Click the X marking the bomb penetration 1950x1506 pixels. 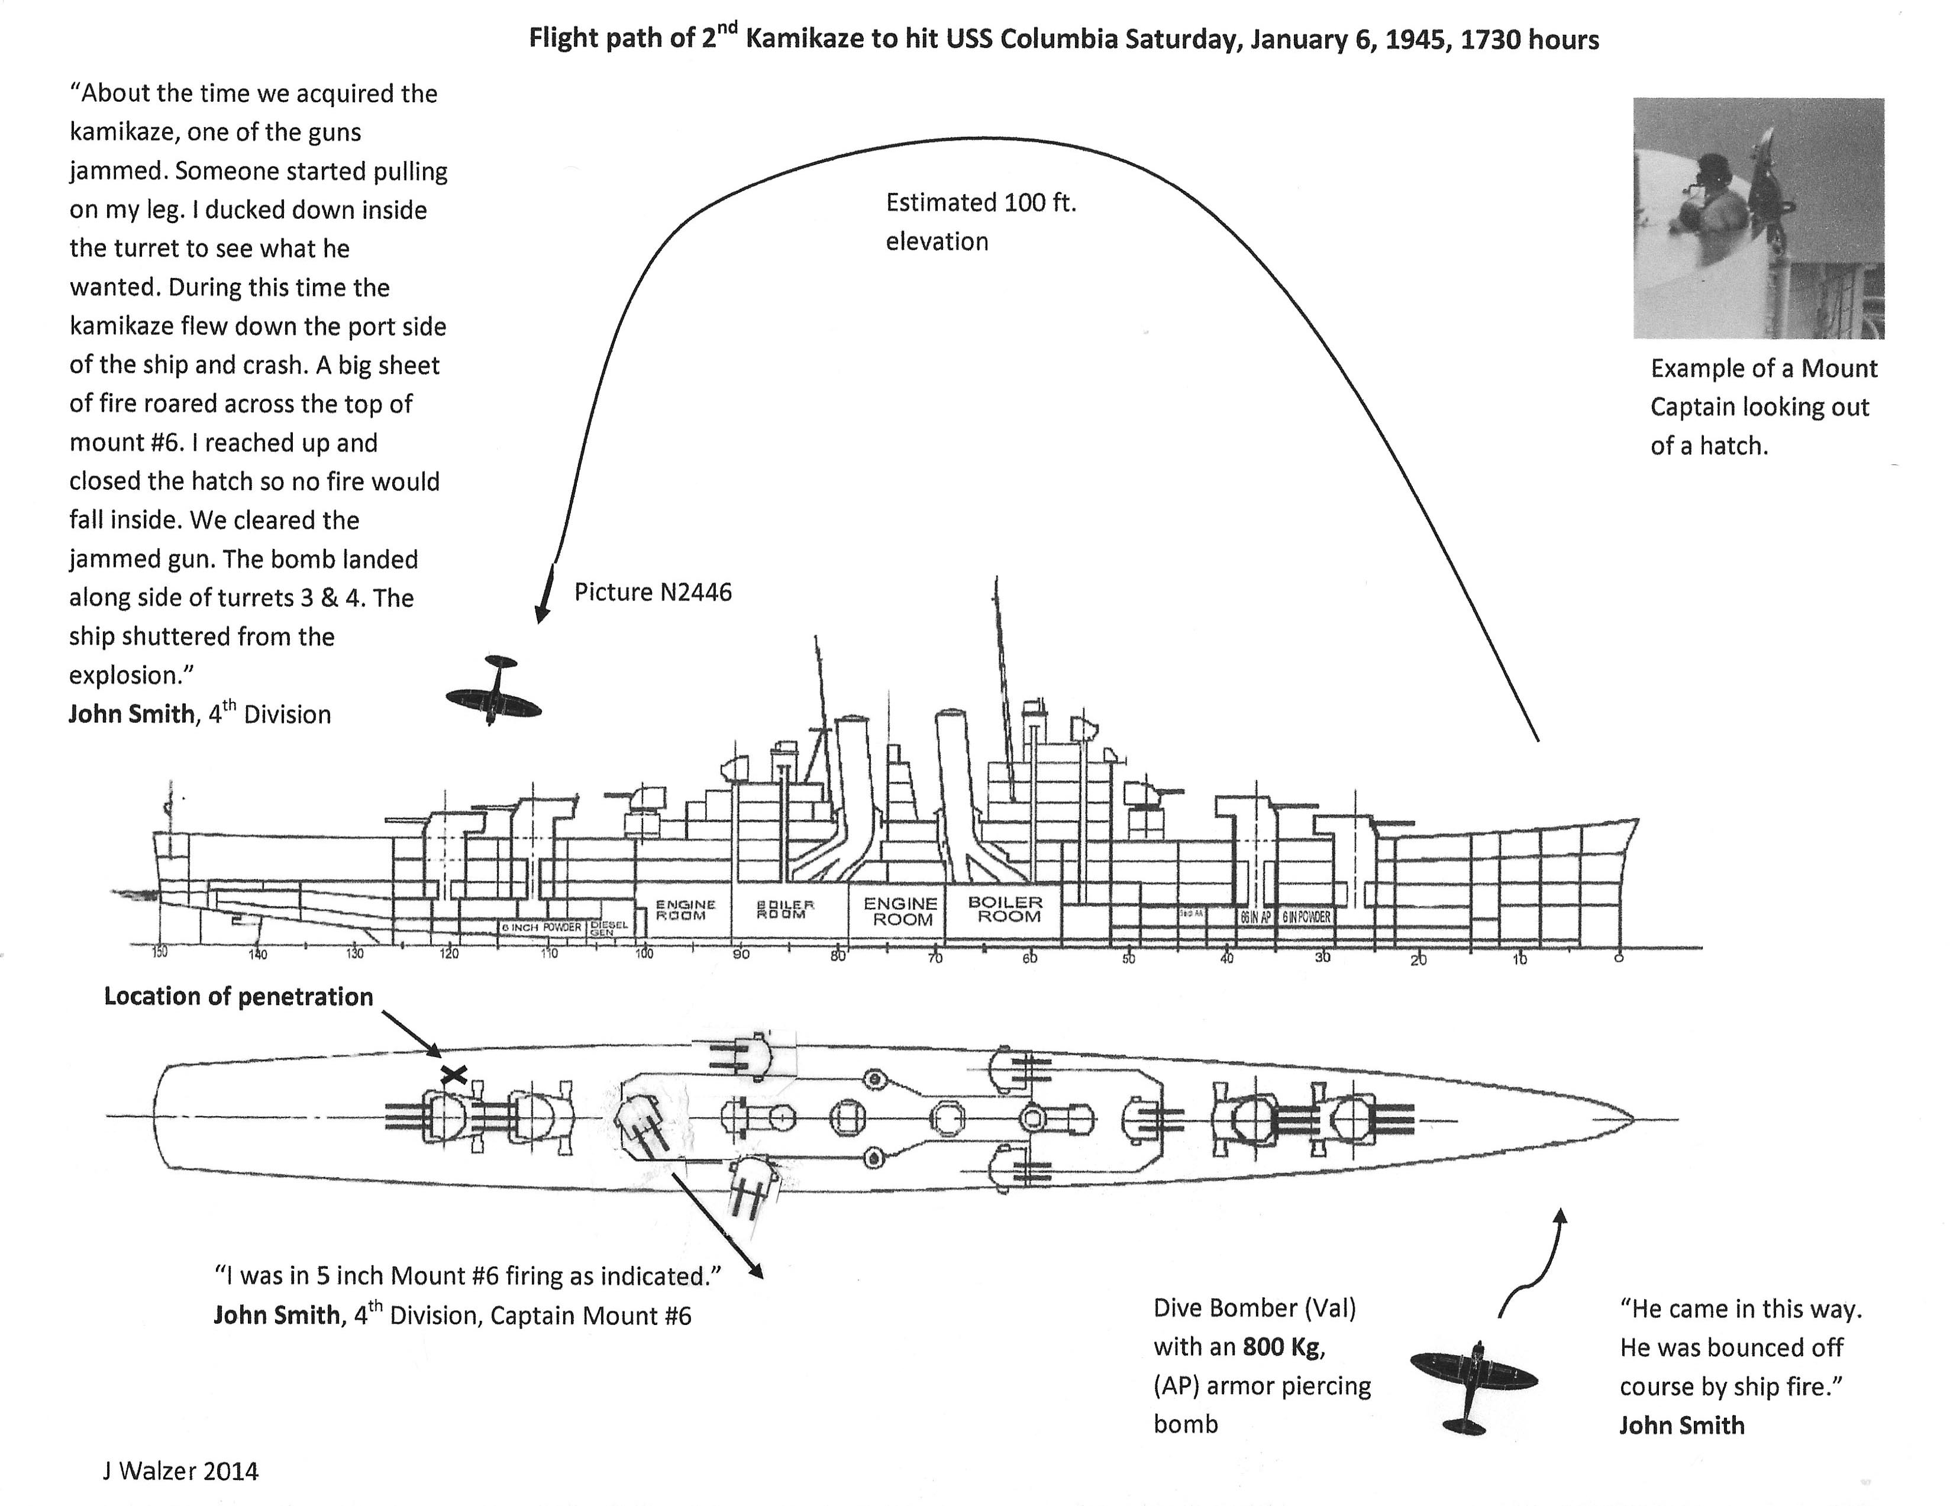click(x=454, y=1075)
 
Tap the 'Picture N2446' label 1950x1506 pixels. click(x=653, y=593)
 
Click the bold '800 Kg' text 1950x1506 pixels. click(x=1280, y=1346)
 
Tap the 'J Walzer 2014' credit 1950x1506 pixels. click(x=180, y=1471)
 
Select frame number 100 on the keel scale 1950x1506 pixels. click(x=644, y=954)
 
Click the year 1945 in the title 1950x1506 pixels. click(x=1415, y=40)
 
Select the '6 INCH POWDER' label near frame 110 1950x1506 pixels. click(x=541, y=927)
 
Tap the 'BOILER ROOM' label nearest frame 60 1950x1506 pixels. click(x=1005, y=909)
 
